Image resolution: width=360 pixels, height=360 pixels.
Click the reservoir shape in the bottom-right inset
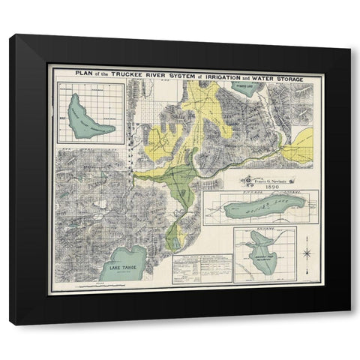(x=259, y=247)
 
